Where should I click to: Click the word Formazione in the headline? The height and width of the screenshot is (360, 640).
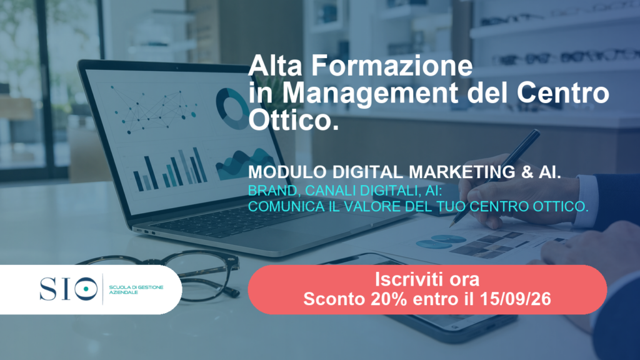tap(392, 65)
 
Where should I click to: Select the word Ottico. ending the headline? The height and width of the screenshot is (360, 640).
tap(294, 120)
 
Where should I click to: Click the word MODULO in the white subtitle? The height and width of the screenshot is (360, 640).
tap(287, 172)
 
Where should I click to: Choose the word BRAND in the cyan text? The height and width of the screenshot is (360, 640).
tap(272, 191)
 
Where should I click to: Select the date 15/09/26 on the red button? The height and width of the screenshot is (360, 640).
tap(515, 299)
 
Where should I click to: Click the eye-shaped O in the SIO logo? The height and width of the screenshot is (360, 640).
tap(86, 289)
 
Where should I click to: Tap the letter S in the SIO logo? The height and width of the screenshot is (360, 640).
tap(48, 289)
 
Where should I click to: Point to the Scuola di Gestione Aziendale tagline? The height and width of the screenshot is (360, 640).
tap(136, 290)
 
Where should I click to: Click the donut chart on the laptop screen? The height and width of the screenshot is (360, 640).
tap(232, 109)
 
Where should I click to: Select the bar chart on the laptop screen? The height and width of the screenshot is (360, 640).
tap(170, 169)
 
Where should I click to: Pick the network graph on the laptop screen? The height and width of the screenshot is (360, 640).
tap(153, 109)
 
